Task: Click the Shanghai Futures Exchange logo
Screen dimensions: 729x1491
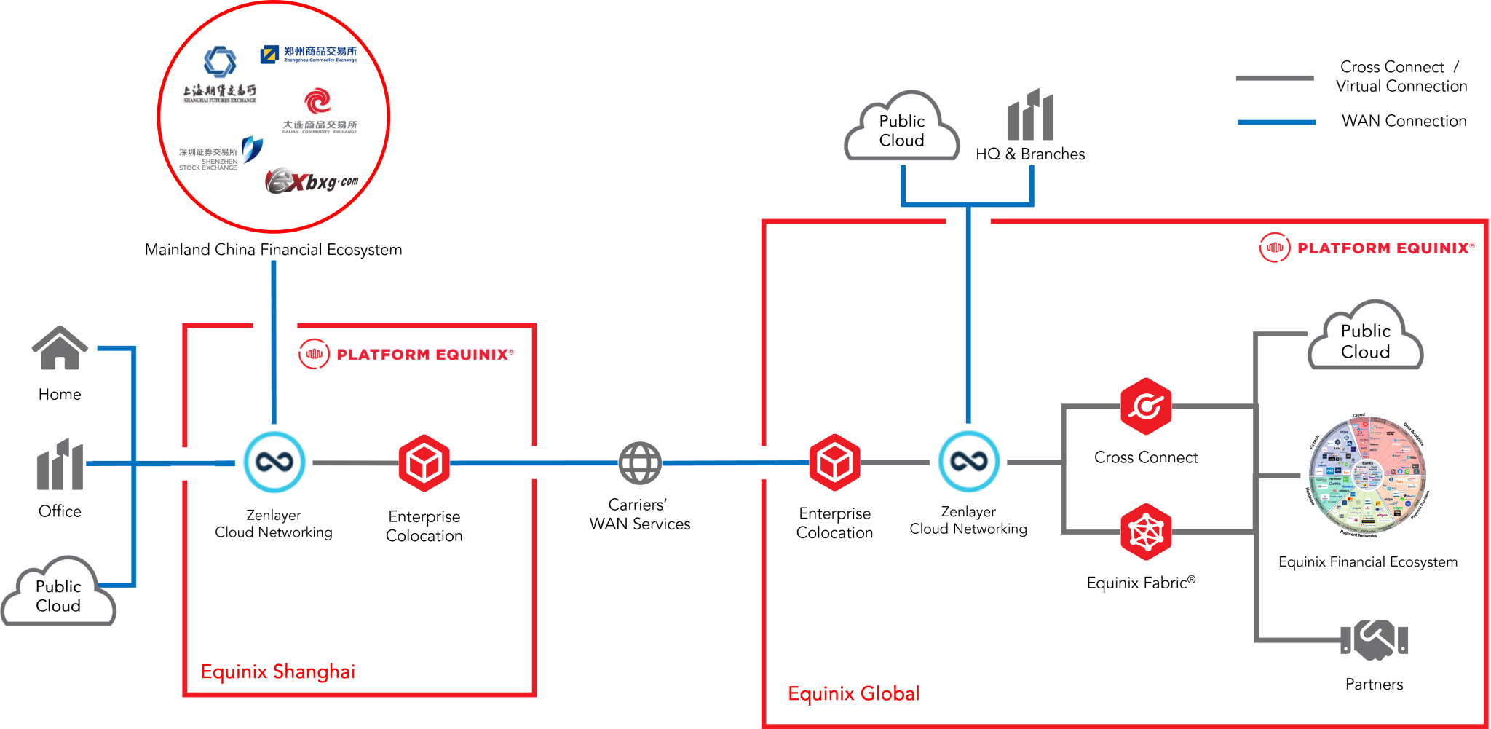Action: pos(220,74)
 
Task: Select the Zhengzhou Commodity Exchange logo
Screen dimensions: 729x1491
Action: pos(309,54)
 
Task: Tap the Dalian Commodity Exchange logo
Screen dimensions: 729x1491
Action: pos(320,109)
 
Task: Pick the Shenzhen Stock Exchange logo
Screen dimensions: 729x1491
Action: pos(221,153)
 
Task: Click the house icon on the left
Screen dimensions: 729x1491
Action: pos(60,348)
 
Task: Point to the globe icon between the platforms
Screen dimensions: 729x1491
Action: pos(640,463)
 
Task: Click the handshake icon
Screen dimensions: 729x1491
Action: pos(1374,639)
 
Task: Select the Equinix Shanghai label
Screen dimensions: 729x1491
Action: pos(278,671)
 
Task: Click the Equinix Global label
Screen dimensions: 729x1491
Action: pos(854,693)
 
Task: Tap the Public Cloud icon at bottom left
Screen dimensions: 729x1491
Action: pos(59,594)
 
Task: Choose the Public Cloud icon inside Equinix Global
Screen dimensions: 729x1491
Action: pos(1365,339)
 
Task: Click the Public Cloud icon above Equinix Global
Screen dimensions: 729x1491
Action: pos(901,129)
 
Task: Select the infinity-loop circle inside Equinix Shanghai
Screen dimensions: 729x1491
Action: pos(274,462)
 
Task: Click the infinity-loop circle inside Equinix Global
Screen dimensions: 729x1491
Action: pos(968,462)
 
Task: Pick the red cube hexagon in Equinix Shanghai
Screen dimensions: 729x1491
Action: pos(424,463)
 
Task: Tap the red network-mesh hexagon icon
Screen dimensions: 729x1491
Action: pos(1146,532)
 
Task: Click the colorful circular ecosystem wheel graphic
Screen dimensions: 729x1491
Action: pos(1365,476)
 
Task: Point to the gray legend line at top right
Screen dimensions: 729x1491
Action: pos(1275,78)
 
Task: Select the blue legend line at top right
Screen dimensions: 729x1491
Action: pos(1276,122)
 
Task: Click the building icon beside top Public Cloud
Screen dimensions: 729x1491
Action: pos(1030,116)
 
